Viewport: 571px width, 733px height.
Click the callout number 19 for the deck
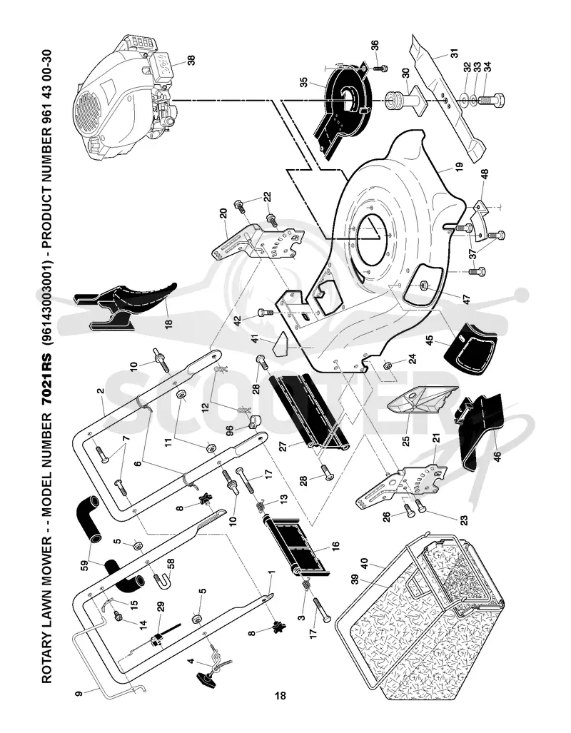[x=458, y=166]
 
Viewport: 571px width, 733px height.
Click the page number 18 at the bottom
[x=280, y=696]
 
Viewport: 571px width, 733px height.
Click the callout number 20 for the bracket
[x=223, y=214]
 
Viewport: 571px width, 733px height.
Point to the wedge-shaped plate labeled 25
[x=421, y=406]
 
